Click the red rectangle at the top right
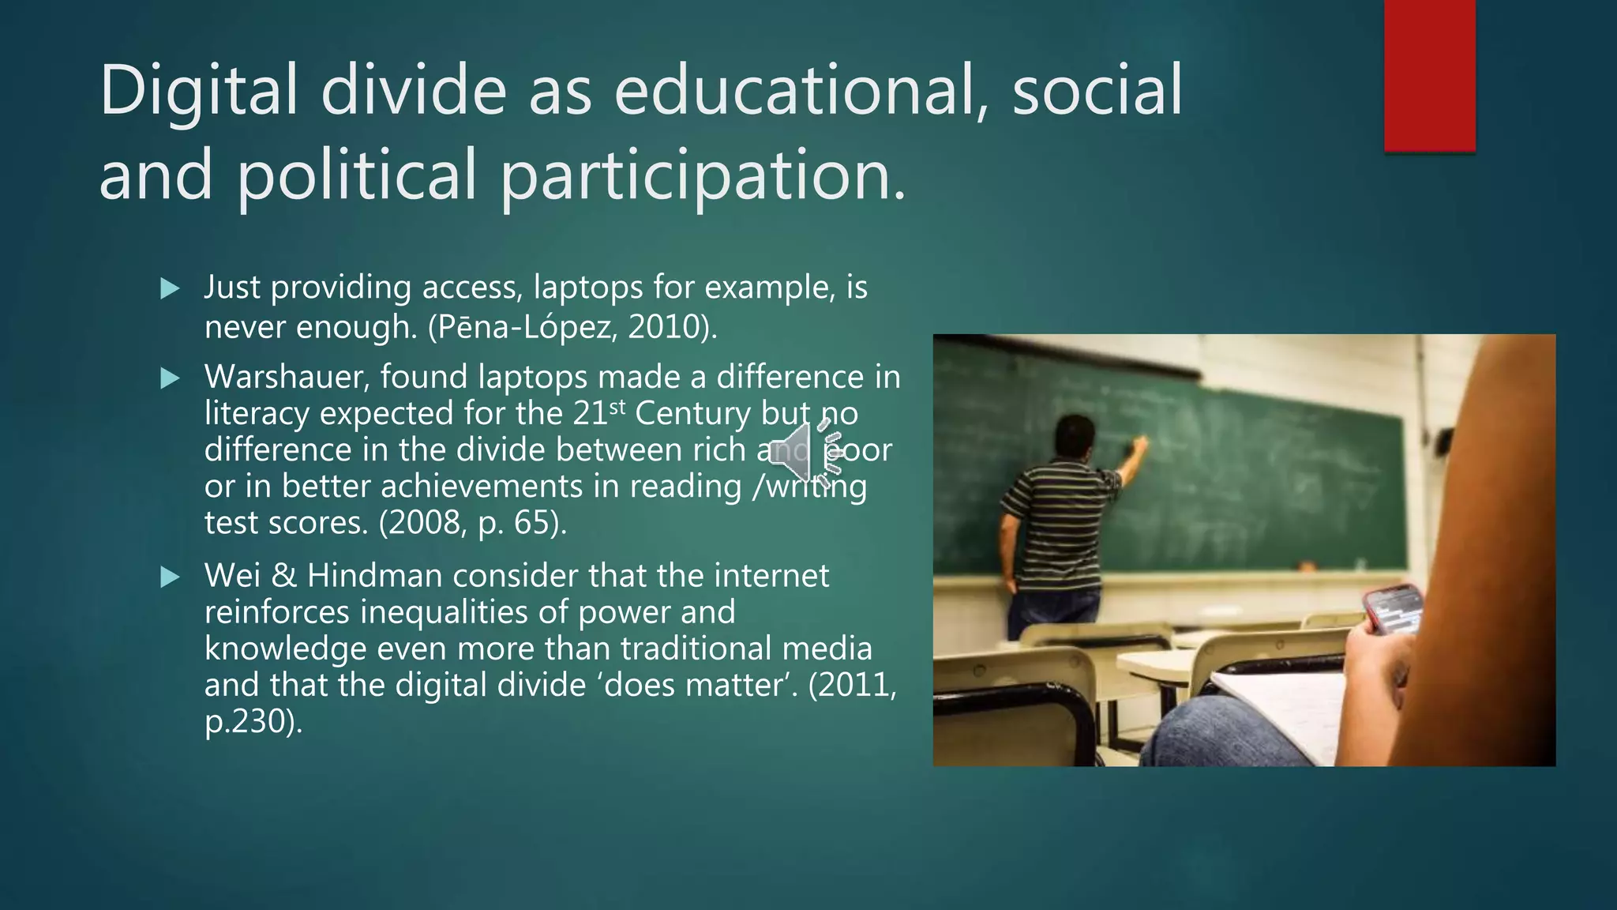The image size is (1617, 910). [1429, 75]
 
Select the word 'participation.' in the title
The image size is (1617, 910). [703, 175]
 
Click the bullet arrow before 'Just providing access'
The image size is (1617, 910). [170, 289]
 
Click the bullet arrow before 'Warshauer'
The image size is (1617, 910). [170, 378]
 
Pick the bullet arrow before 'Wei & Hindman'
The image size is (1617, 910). [170, 577]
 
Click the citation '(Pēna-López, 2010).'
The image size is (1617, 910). [572, 326]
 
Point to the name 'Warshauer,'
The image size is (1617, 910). [287, 377]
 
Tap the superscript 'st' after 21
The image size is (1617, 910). [617, 407]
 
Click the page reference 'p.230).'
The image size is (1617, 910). [253, 721]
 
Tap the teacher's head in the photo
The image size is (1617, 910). [1073, 438]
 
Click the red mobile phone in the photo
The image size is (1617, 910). [1394, 608]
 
